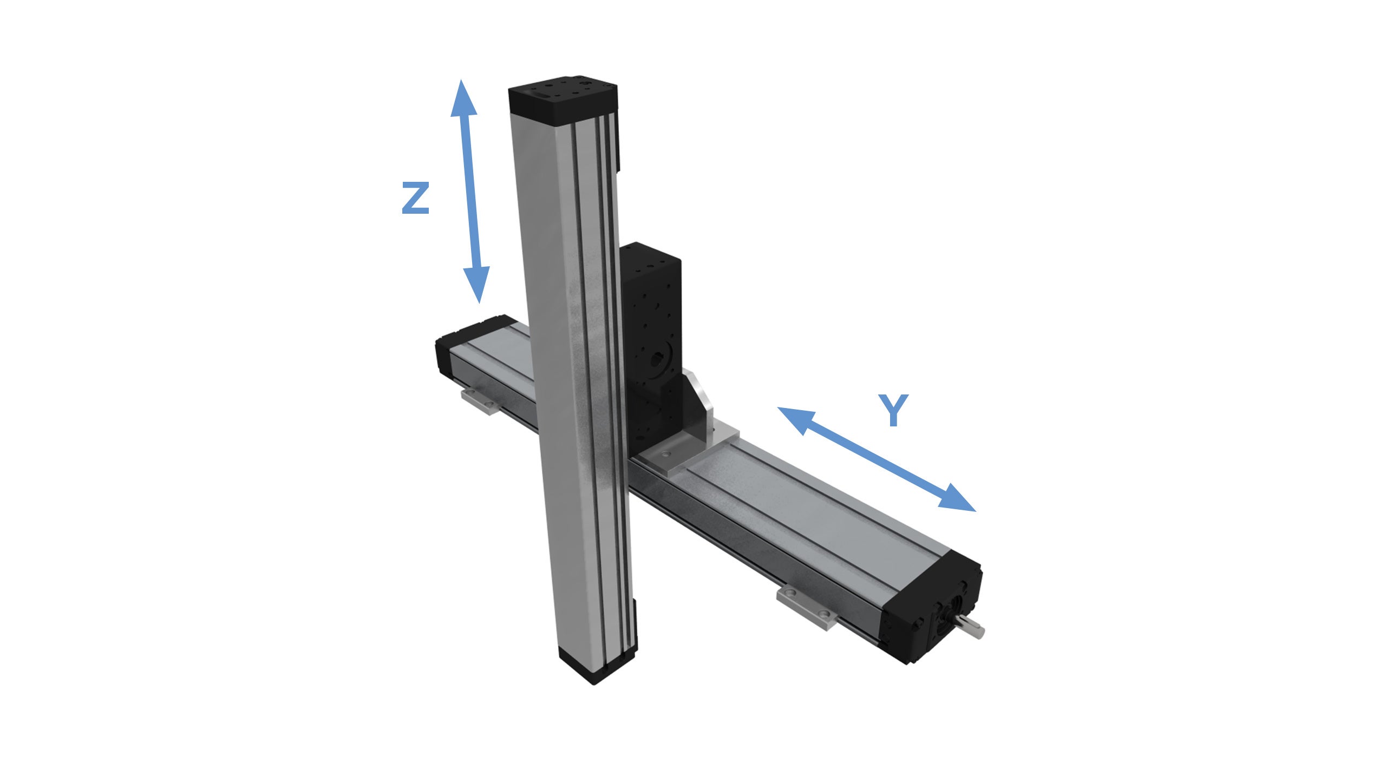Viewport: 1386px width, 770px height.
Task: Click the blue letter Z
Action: (x=415, y=198)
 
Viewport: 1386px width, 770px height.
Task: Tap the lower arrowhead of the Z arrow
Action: (x=477, y=284)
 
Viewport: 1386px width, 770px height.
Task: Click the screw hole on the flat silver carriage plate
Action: (x=666, y=452)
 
